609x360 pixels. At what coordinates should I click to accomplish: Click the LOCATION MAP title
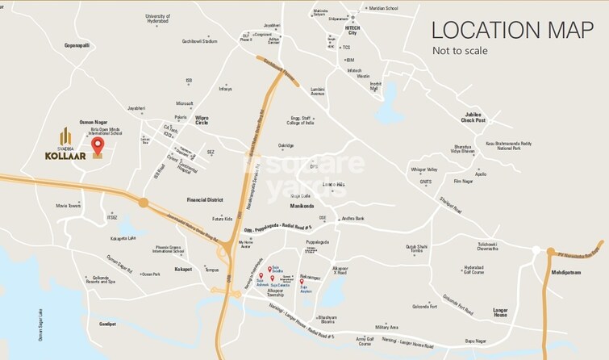point(513,29)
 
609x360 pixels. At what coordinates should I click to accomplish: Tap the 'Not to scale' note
point(460,51)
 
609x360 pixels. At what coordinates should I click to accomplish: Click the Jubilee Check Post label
point(473,117)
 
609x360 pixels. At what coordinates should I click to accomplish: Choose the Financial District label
point(204,199)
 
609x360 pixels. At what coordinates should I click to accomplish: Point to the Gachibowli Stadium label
point(200,41)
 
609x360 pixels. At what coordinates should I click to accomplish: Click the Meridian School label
point(382,8)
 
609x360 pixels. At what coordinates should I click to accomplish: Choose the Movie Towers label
point(68,206)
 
